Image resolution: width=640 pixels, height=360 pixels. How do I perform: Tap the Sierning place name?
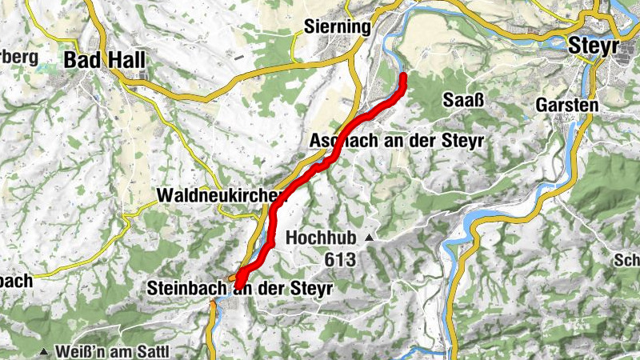point(338,27)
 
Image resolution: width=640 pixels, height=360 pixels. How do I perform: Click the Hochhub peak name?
point(318,238)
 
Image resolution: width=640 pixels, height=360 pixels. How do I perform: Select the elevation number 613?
point(339,259)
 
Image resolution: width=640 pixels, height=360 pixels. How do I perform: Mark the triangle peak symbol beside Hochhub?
point(369,238)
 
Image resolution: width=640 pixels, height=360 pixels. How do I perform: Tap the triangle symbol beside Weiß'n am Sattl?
point(44,352)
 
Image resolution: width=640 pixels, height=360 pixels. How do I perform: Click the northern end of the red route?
point(403,77)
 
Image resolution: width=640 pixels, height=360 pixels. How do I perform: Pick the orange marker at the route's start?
point(232,278)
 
